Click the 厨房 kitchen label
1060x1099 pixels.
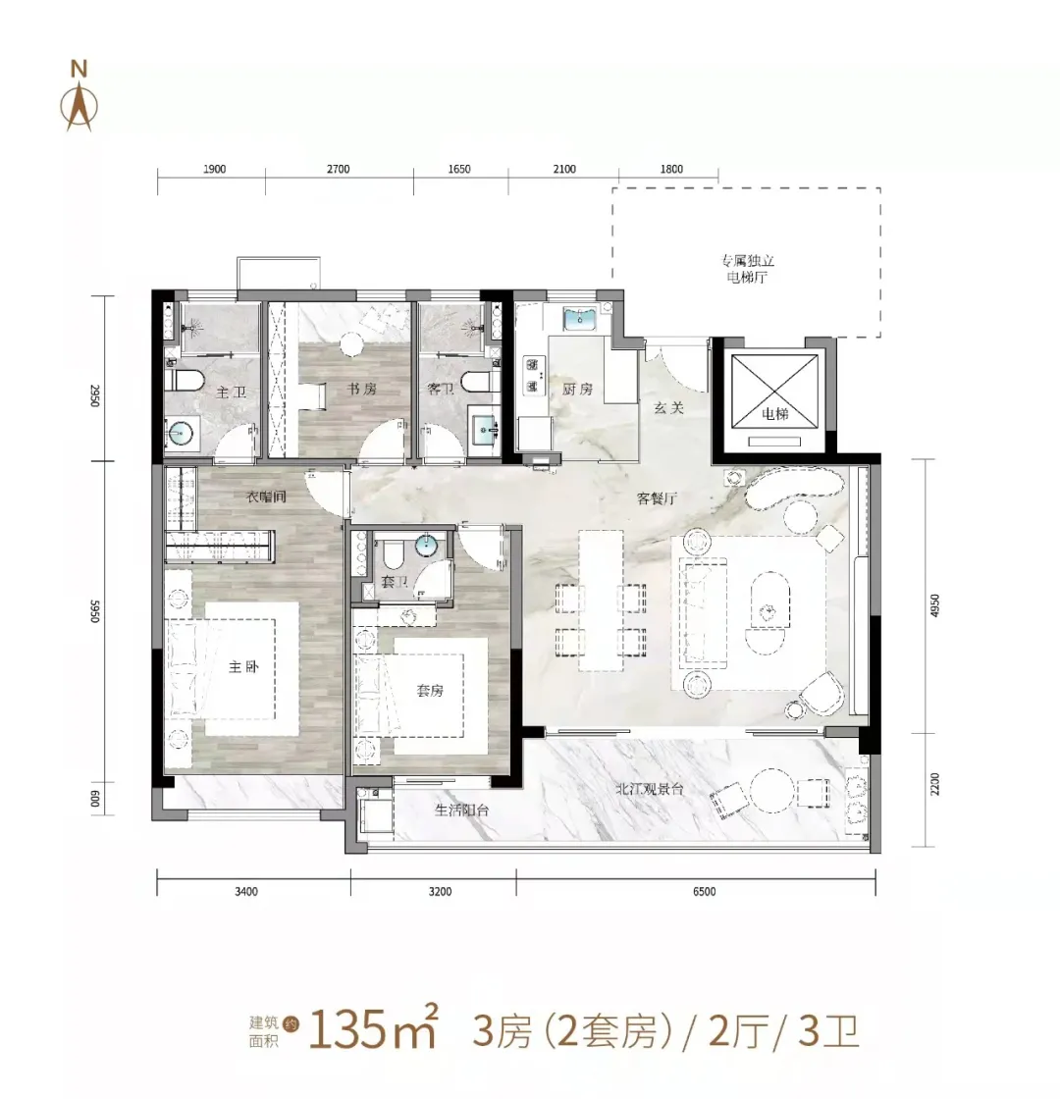578,390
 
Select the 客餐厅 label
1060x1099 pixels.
655,498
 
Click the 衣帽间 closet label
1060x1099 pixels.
265,497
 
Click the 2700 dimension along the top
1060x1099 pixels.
338,169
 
